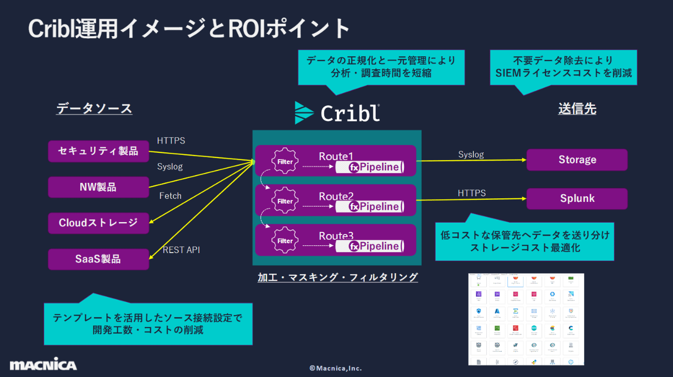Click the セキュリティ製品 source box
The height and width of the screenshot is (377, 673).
[98, 151]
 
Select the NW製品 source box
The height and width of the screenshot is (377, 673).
[98, 187]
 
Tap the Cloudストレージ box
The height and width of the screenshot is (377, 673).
[98, 223]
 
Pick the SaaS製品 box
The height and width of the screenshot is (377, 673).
[98, 259]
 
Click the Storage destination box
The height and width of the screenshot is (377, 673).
[577, 160]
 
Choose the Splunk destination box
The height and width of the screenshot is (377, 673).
[577, 198]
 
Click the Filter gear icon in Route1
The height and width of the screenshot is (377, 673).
[285, 162]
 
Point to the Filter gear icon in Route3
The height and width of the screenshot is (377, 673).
[285, 241]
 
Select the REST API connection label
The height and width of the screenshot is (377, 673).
[181, 250]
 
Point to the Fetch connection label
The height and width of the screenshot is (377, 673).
[170, 196]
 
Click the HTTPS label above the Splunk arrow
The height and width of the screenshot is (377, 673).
[471, 193]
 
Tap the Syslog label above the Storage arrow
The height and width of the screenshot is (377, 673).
[471, 154]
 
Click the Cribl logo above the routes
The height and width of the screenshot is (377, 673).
[337, 113]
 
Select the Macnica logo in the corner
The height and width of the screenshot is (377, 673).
[43, 365]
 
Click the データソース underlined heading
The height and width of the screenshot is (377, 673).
[94, 108]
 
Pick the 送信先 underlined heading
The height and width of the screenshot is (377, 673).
[577, 108]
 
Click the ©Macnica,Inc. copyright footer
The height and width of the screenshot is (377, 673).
[336, 368]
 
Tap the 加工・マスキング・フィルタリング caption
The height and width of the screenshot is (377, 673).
[337, 277]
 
